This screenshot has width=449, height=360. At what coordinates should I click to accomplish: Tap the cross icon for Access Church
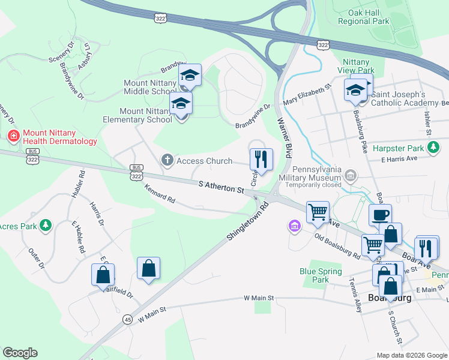(x=167, y=160)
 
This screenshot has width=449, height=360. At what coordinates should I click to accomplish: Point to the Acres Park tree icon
(x=45, y=225)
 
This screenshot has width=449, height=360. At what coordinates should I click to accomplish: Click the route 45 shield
(x=128, y=319)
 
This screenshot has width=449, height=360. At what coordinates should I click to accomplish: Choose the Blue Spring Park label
(x=322, y=275)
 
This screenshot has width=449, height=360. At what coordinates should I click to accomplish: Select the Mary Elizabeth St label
(x=307, y=95)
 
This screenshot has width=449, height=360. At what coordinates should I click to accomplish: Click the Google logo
(x=20, y=353)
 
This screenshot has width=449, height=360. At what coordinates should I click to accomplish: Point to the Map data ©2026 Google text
(x=411, y=355)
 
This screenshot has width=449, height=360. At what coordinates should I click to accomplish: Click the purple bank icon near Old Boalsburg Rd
(x=294, y=226)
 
